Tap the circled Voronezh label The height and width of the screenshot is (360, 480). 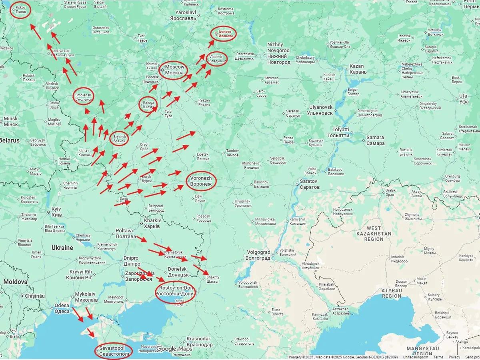coord(201,181)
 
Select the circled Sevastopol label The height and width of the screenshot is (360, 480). coord(114,351)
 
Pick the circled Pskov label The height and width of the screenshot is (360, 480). coord(21,10)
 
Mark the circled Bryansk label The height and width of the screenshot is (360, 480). coord(119,139)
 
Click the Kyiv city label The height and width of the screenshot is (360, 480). coord(56,212)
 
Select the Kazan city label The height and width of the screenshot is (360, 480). coord(357,69)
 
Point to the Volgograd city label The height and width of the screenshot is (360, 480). coord(259,255)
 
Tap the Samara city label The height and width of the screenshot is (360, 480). coord(375,140)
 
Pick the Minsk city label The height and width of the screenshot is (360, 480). coord(11,122)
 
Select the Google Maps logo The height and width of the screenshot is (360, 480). coord(174,349)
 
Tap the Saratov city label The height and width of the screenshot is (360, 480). coord(310,184)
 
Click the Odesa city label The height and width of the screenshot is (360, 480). coord(62,308)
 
